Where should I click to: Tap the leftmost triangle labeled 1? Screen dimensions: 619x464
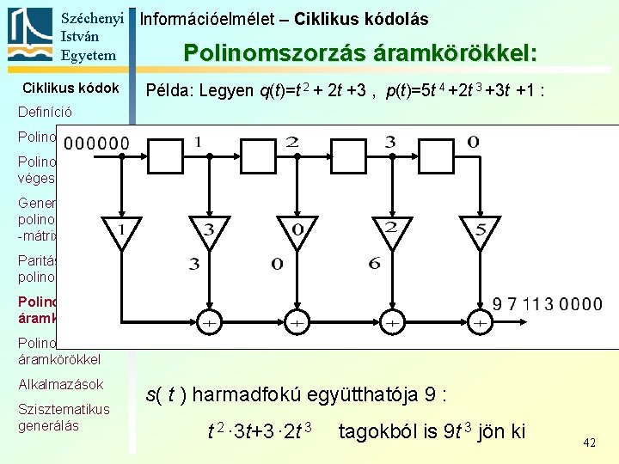pyautogui.click(x=122, y=229)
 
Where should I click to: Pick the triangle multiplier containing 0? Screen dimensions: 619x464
pyautogui.click(x=296, y=229)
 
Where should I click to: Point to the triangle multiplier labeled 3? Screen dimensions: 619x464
pyautogui.click(x=208, y=229)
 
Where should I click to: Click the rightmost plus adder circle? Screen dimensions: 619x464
pyautogui.click(x=480, y=322)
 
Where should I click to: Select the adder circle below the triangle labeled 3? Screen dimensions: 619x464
pyautogui.click(x=208, y=322)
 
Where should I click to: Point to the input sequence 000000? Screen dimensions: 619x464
pyautogui.click(x=97, y=143)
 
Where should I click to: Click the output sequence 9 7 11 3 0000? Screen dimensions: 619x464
pyautogui.click(x=547, y=304)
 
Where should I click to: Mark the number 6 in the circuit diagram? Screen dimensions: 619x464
pyautogui.click(x=374, y=264)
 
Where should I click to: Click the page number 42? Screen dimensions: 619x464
pyautogui.click(x=589, y=443)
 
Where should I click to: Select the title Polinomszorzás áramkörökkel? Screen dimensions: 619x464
pyautogui.click(x=361, y=53)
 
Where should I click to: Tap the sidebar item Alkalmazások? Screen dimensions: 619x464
pyautogui.click(x=60, y=384)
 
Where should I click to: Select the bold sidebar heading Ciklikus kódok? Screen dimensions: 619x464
pyautogui.click(x=70, y=89)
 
